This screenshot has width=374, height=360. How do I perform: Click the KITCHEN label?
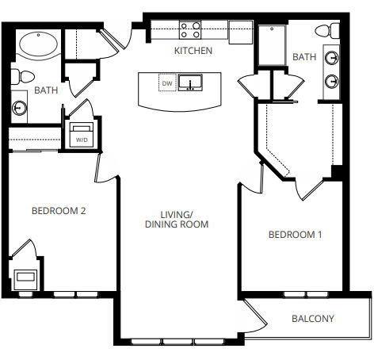click(x=193, y=51)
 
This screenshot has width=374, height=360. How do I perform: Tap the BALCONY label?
click(x=312, y=319)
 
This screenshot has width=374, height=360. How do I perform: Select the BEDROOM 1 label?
click(x=296, y=235)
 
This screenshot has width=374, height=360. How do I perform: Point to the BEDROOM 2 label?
click(x=58, y=211)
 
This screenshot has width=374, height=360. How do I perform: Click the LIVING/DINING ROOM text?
click(x=176, y=220)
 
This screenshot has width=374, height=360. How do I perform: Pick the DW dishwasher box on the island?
click(x=166, y=83)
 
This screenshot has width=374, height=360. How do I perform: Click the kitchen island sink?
click(x=190, y=82)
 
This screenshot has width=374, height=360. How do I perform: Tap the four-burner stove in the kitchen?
click(x=190, y=30)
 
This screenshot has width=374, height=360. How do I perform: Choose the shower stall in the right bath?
click(x=271, y=46)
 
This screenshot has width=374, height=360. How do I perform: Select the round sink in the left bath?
click(x=19, y=109)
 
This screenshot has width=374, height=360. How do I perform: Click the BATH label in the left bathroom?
click(x=46, y=90)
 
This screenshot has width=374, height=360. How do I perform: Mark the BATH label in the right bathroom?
click(x=303, y=57)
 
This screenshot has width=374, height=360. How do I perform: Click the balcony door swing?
click(x=255, y=315)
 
